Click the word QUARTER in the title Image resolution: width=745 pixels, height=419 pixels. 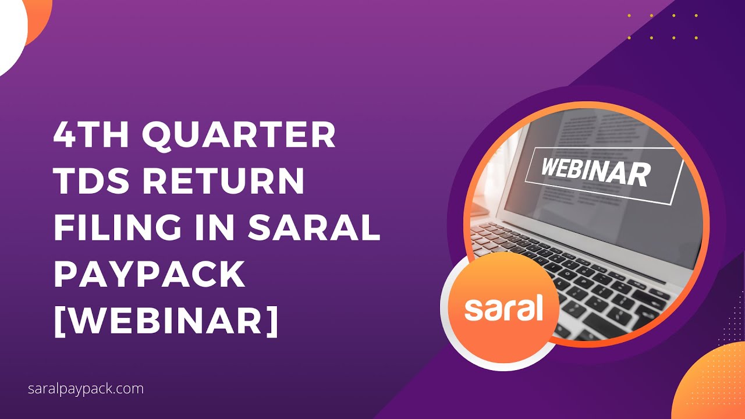point(239,136)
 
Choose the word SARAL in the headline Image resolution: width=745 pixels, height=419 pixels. point(314,228)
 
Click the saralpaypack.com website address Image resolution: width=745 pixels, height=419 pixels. point(86,389)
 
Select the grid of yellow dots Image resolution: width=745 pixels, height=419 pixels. point(662,27)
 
